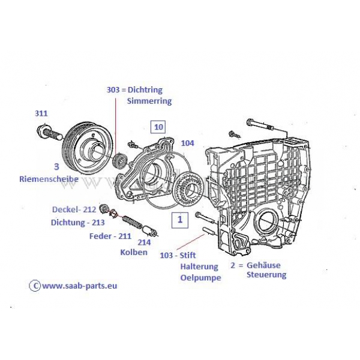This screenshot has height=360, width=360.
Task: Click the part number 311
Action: tap(41, 113)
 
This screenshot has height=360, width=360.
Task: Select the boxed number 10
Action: tap(158, 127)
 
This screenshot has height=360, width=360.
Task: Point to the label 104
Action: tap(187, 143)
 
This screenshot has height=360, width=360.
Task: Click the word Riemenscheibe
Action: tap(49, 179)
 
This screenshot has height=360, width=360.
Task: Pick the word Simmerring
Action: tap(149, 101)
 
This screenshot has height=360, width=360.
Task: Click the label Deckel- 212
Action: tap(74, 209)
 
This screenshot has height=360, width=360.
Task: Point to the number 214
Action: tap(145, 242)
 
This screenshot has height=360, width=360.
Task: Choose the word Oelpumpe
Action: tap(201, 277)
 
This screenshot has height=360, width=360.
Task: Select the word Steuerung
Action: tap(266, 275)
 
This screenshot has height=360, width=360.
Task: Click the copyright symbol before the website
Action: tap(35, 286)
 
